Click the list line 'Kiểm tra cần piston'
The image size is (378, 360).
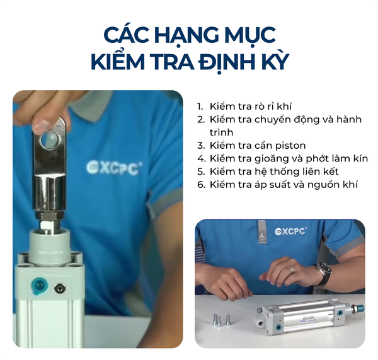click(251, 146)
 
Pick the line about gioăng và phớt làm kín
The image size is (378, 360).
click(282, 158)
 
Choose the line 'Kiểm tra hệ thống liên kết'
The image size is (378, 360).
click(268, 171)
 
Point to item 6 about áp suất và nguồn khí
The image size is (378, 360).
click(277, 185)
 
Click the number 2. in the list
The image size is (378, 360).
click(201, 120)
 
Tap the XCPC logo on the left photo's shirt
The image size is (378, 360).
click(114, 168)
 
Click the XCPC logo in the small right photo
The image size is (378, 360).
click(290, 231)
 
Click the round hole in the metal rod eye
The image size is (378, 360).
click(50, 140)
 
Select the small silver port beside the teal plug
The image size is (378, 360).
click(59, 287)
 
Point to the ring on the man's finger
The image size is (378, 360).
click(292, 269)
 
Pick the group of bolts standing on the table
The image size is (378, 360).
click(221, 320)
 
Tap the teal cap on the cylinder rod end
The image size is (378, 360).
click(360, 308)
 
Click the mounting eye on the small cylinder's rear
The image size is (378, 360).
click(260, 322)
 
